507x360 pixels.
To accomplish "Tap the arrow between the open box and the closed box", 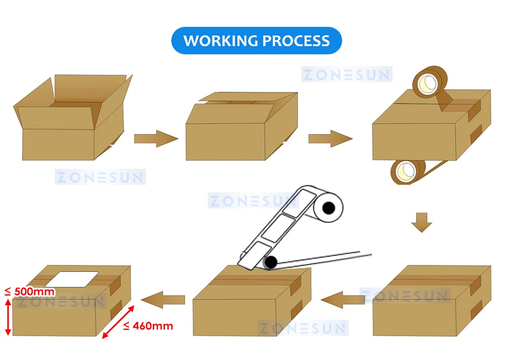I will click(155, 139).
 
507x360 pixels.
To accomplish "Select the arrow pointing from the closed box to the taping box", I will click(330, 139).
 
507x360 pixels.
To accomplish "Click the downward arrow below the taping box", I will click(422, 222).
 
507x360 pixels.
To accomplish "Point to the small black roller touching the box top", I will click(271, 262).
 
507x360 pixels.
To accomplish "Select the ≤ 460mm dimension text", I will click(148, 326).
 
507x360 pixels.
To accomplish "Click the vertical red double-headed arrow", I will click(8, 317).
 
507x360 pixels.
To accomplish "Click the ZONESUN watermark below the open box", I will click(100, 177).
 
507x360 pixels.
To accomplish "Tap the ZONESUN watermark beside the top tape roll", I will click(346, 74).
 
